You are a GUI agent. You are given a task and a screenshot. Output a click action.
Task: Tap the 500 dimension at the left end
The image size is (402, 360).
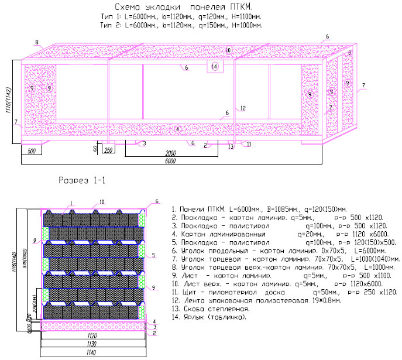point(32,151)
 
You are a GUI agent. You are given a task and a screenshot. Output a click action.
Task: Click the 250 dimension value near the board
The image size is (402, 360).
point(108,150)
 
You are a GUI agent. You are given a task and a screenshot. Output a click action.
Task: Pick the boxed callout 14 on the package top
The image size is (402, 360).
point(215,67)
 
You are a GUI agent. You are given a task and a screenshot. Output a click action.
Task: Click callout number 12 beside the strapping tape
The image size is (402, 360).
point(241,108)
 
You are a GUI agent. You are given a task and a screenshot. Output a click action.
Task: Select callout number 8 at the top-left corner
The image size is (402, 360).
point(36,43)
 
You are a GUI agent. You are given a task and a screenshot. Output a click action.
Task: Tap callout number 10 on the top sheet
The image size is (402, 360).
point(228,50)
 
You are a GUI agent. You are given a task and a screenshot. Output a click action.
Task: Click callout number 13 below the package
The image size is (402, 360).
point(231,146)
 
